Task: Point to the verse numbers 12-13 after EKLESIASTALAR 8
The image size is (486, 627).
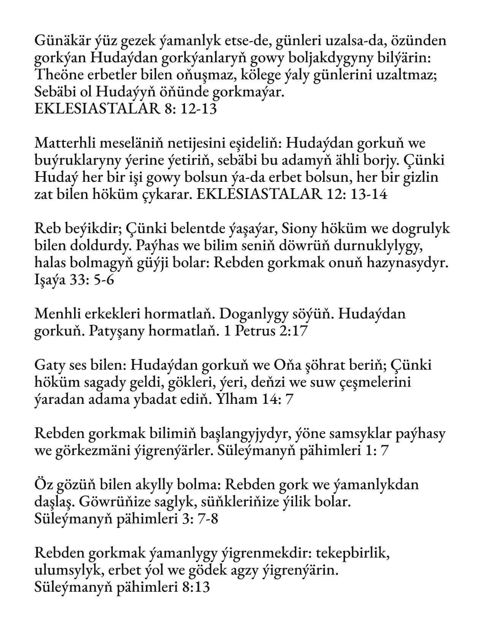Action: point(198,109)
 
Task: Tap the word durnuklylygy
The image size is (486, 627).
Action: point(378,246)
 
